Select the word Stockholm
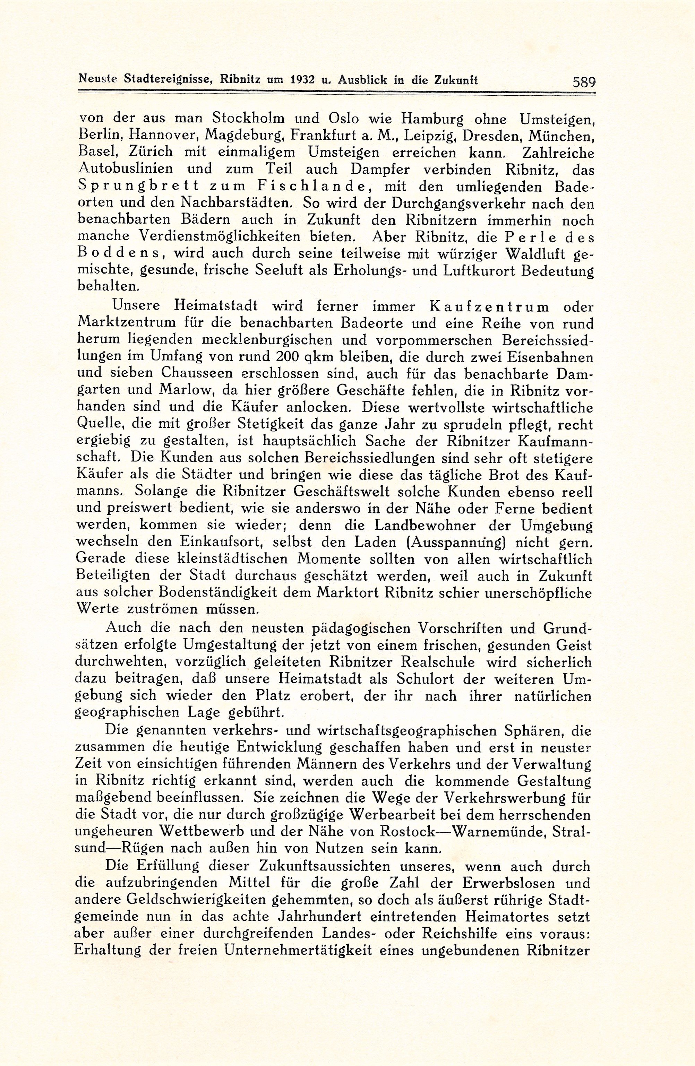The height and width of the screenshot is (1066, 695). pyautogui.click(x=248, y=119)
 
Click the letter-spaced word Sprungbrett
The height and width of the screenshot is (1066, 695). pyautogui.click(x=137, y=186)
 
